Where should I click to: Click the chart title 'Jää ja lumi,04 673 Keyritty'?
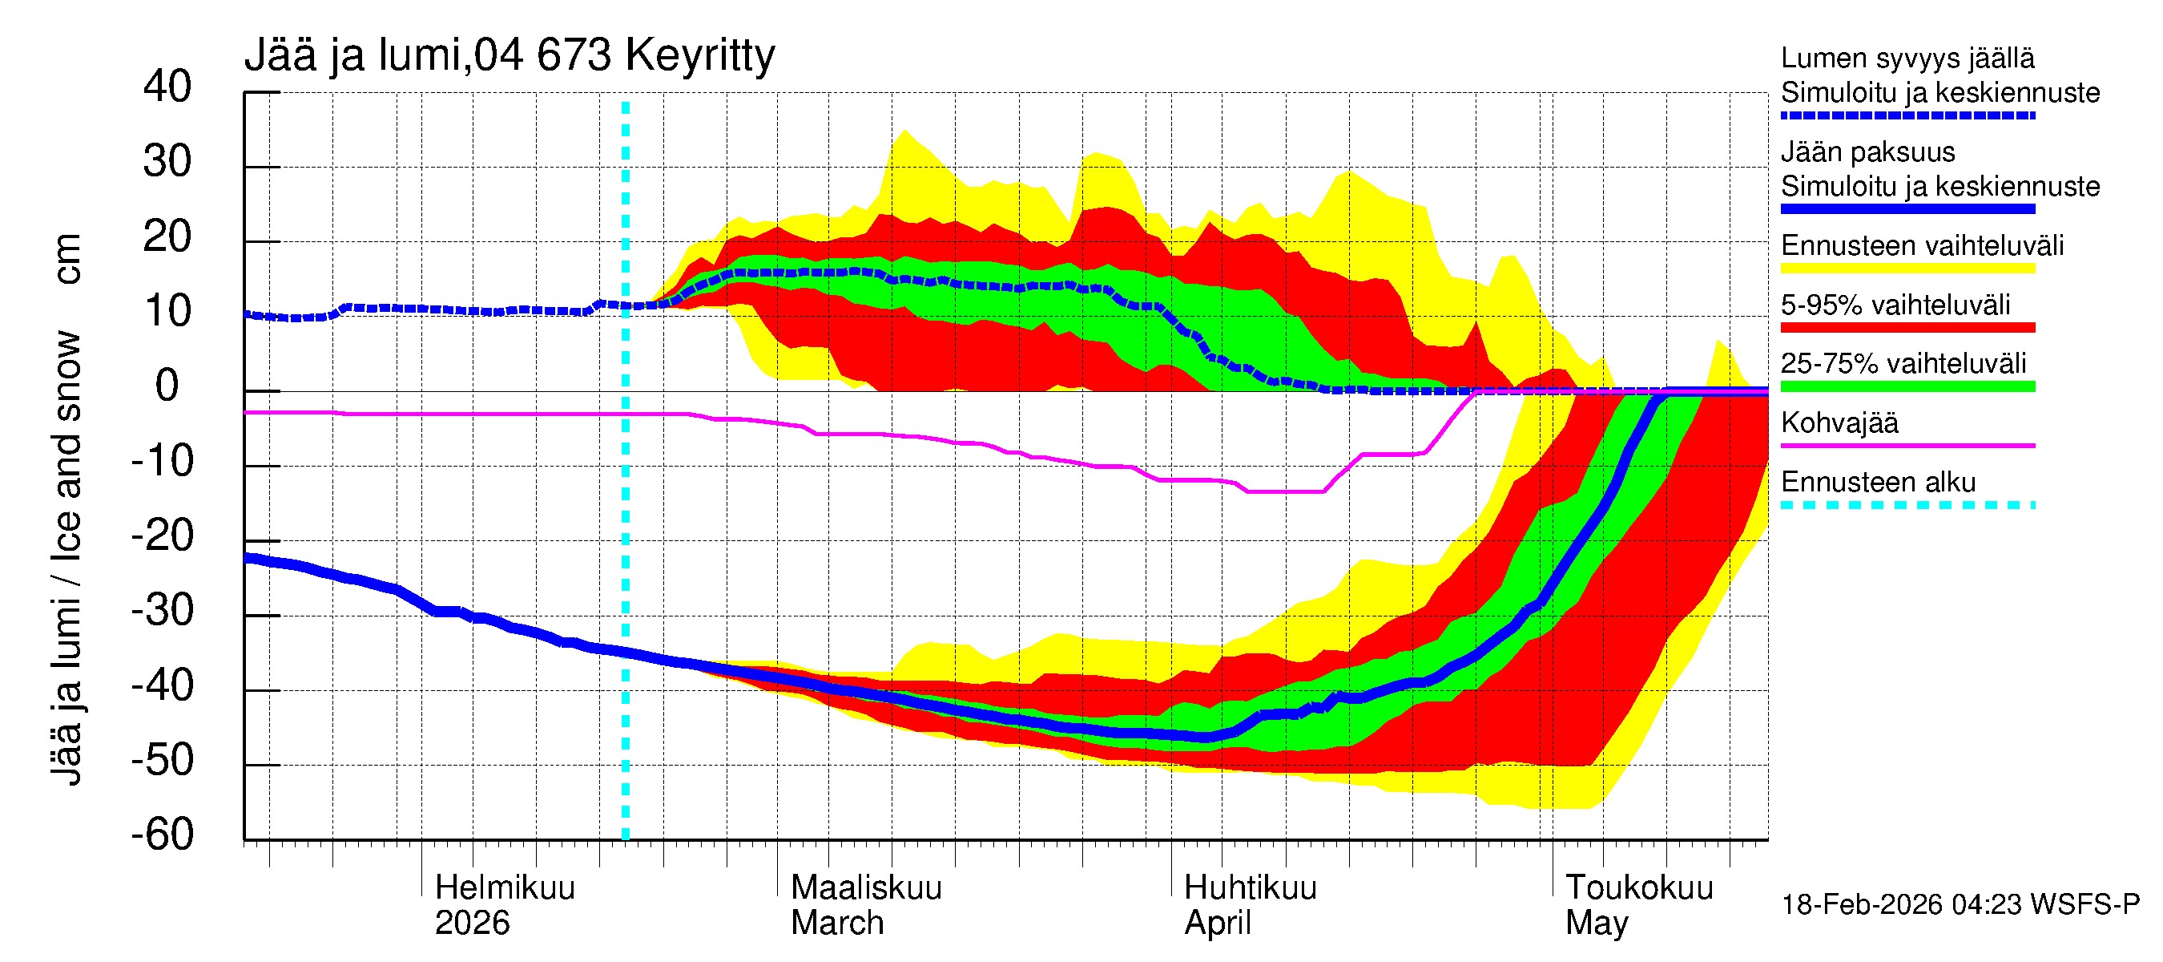509,56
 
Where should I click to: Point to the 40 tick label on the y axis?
167,87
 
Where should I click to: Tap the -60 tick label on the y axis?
162,835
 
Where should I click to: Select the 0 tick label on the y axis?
167,386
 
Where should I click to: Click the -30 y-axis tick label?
162,610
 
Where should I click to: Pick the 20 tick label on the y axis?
167,236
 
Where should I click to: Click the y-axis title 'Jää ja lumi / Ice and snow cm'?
66,509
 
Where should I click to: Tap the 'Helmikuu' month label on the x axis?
505,887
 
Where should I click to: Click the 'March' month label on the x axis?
837,923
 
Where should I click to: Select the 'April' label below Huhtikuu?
1218,923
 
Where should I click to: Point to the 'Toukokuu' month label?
1639,887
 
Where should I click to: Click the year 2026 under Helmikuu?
472,923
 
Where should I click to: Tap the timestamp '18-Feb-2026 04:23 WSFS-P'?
1960,904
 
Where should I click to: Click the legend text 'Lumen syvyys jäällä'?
1907,58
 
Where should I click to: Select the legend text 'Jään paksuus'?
1868,152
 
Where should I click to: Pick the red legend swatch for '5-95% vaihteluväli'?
1907,328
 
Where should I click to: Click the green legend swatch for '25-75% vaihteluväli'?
1907,386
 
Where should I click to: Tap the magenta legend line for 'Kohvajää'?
1907,445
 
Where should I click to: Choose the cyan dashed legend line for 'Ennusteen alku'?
1907,505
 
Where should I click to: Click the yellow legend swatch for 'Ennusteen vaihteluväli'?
1907,269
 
